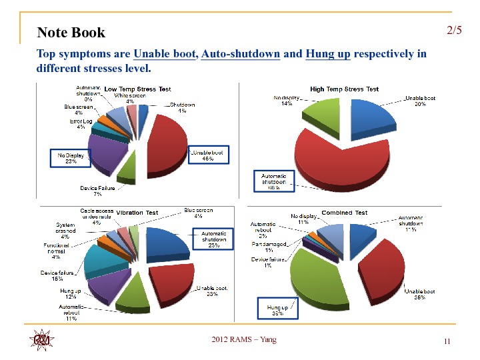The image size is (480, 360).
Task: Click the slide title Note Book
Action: click(x=71, y=33)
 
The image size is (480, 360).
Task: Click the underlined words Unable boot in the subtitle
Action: click(x=165, y=54)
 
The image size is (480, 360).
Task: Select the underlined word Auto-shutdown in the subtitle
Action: click(x=240, y=54)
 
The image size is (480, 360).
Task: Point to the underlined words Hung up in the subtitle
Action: click(x=327, y=54)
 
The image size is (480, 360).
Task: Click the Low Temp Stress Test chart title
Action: click(x=137, y=89)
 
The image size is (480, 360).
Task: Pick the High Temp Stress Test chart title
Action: click(x=344, y=89)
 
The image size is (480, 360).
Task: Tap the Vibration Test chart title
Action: click(x=137, y=212)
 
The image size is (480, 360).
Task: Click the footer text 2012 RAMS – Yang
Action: click(x=243, y=340)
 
